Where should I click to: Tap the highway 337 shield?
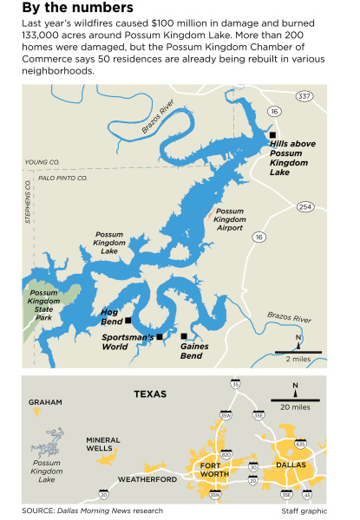(304, 94)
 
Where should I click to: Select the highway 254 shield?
(305, 206)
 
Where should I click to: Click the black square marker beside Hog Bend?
(129, 320)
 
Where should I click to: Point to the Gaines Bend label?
(191, 350)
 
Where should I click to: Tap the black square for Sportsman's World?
(159, 336)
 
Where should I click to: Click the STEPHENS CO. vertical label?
(28, 205)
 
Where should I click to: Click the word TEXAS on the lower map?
(150, 393)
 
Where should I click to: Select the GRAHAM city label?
(45, 402)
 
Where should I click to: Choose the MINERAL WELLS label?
(103, 445)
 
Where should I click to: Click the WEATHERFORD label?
(147, 479)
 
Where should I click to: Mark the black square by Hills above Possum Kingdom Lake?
(272, 135)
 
